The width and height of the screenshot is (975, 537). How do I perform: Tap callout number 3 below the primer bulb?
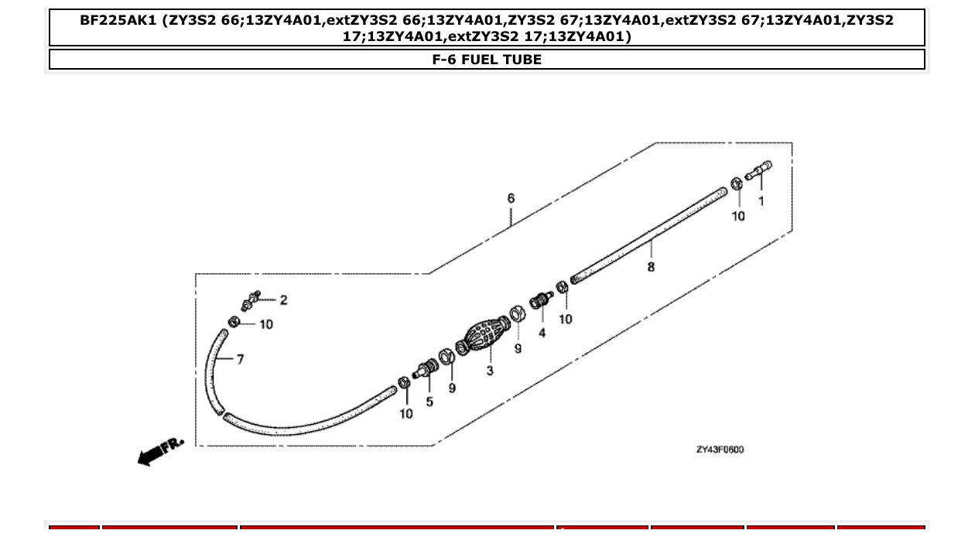(x=490, y=371)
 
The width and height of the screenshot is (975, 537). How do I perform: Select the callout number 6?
(x=511, y=199)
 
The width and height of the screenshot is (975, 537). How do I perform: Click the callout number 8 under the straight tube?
(x=651, y=267)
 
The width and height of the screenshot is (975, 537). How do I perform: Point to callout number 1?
(x=761, y=201)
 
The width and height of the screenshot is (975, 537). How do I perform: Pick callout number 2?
(x=283, y=300)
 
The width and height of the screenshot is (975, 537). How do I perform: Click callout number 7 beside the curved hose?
(x=240, y=360)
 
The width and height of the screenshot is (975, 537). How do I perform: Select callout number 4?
(x=542, y=333)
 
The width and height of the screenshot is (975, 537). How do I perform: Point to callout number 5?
(x=429, y=402)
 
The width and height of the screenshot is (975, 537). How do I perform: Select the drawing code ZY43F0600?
(x=720, y=450)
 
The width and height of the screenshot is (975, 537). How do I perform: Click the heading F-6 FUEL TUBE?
(x=487, y=60)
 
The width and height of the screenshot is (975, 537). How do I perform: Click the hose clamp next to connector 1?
(x=737, y=183)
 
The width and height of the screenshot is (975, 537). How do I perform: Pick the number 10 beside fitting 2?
(x=266, y=324)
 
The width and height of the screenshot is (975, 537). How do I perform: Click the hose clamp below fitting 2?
(x=234, y=322)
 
